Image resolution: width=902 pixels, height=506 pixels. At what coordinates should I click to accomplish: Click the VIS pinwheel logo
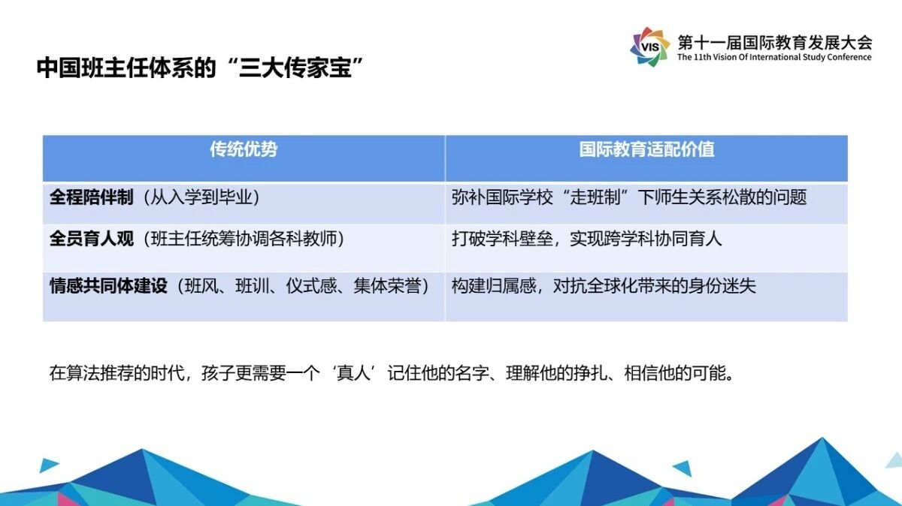pyautogui.click(x=649, y=47)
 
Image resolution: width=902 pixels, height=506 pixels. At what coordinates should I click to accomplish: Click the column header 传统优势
pyautogui.click(x=244, y=149)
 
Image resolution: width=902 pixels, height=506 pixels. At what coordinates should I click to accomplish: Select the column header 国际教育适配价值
pyautogui.click(x=646, y=149)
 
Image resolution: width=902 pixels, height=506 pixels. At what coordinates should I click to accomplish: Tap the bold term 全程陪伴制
pyautogui.click(x=92, y=197)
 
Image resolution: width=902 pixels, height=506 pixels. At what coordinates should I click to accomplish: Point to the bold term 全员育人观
pyautogui.click(x=92, y=239)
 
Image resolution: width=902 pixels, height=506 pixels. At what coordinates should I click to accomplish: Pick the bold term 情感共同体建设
pyautogui.click(x=108, y=285)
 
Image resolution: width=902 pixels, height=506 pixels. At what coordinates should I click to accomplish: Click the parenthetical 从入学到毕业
pyautogui.click(x=201, y=197)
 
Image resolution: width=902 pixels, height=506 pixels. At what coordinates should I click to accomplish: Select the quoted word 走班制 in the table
pyautogui.click(x=595, y=197)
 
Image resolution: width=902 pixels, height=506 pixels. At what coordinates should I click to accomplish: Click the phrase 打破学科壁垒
pyautogui.click(x=502, y=239)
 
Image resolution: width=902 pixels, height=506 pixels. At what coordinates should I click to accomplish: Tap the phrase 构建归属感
pyautogui.click(x=494, y=285)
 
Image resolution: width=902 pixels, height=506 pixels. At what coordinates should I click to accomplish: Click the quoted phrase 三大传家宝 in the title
pyautogui.click(x=295, y=68)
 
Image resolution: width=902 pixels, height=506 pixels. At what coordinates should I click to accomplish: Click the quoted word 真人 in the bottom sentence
pyautogui.click(x=353, y=373)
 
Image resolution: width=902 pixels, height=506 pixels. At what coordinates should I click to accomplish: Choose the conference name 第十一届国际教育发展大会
pyautogui.click(x=775, y=43)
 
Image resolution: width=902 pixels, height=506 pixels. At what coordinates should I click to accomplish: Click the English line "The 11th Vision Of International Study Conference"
pyautogui.click(x=774, y=57)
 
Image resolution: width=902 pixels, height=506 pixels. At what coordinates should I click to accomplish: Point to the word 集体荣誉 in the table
pyautogui.click(x=387, y=285)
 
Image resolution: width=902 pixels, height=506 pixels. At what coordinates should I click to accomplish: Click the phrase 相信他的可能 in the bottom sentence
pyautogui.click(x=675, y=373)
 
